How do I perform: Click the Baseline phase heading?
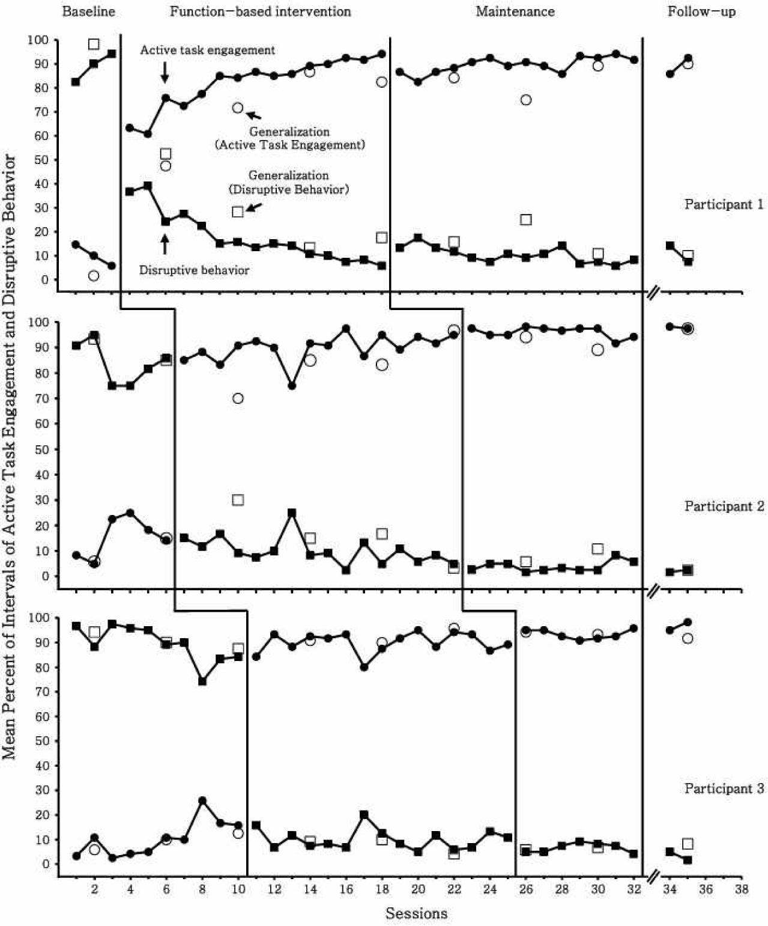[88, 11]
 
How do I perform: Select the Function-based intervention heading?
[260, 11]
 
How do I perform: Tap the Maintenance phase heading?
[515, 11]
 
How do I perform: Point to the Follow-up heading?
[701, 11]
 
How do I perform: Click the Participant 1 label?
[724, 204]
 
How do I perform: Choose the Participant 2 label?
[724, 506]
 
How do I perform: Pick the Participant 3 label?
[724, 788]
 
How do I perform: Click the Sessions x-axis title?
[416, 913]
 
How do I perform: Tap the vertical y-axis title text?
[10, 457]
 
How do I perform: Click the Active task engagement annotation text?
[207, 50]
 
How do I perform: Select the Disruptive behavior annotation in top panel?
[194, 270]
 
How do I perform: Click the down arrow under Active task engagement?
[165, 73]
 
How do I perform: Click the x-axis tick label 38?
[742, 889]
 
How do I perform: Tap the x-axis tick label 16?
[346, 889]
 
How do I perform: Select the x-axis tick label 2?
[94, 889]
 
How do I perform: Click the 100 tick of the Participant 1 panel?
[38, 40]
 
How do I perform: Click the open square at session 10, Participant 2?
[238, 500]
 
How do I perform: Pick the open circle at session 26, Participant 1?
[526, 100]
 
